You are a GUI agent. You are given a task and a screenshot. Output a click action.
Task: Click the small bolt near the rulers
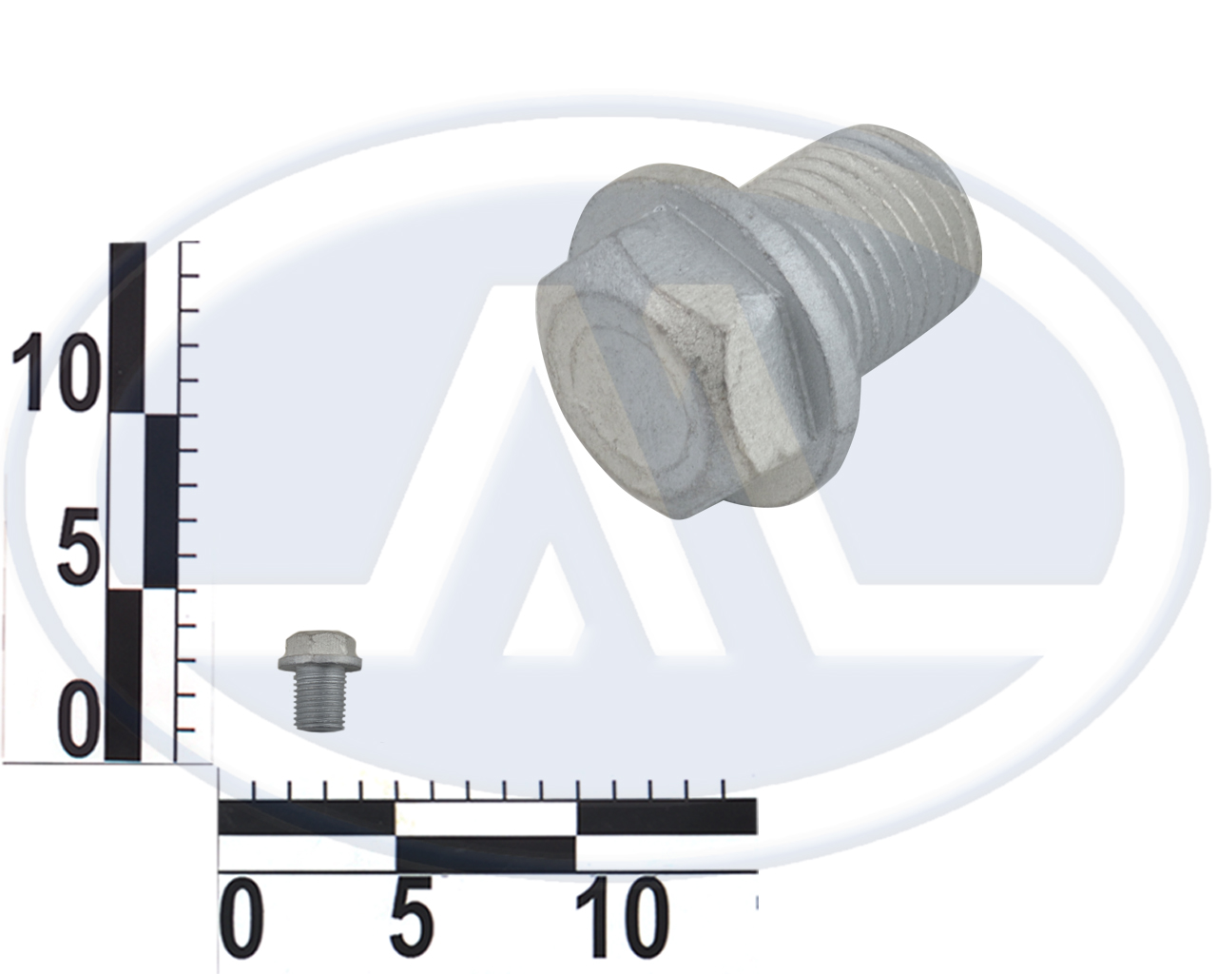[319, 681]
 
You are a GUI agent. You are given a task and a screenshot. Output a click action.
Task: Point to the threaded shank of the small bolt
[320, 701]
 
